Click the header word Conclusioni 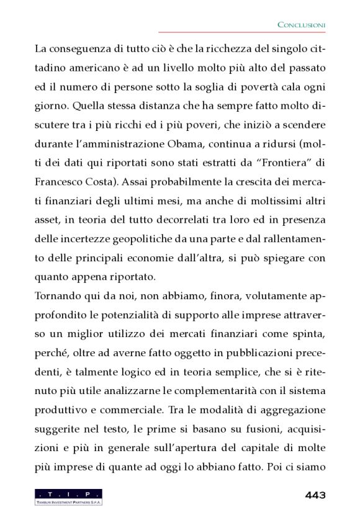301,24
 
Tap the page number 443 315,496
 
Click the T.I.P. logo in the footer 68,496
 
